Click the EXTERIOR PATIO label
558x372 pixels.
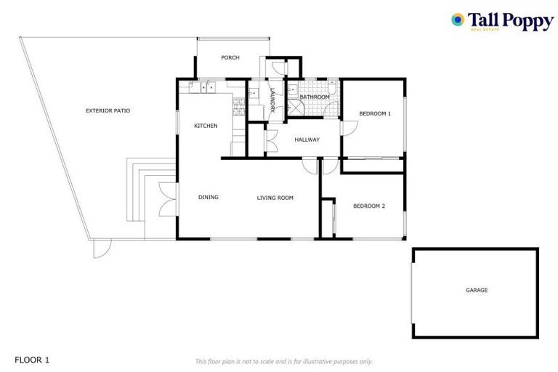coord(108,110)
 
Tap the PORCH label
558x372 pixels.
coord(230,57)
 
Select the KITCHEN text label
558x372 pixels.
coord(206,126)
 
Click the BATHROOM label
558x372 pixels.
coord(315,97)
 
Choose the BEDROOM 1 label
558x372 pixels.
coord(375,113)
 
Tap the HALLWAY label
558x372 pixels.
coord(307,139)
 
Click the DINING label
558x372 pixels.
coord(209,197)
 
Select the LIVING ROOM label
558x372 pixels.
coord(275,197)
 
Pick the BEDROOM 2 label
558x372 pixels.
coord(368,206)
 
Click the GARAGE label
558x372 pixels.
coord(477,290)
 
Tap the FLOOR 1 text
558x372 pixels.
coord(32,360)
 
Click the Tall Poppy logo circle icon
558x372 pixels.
coord(458,20)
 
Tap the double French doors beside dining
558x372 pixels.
coord(167,198)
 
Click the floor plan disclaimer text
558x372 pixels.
coord(283,361)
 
